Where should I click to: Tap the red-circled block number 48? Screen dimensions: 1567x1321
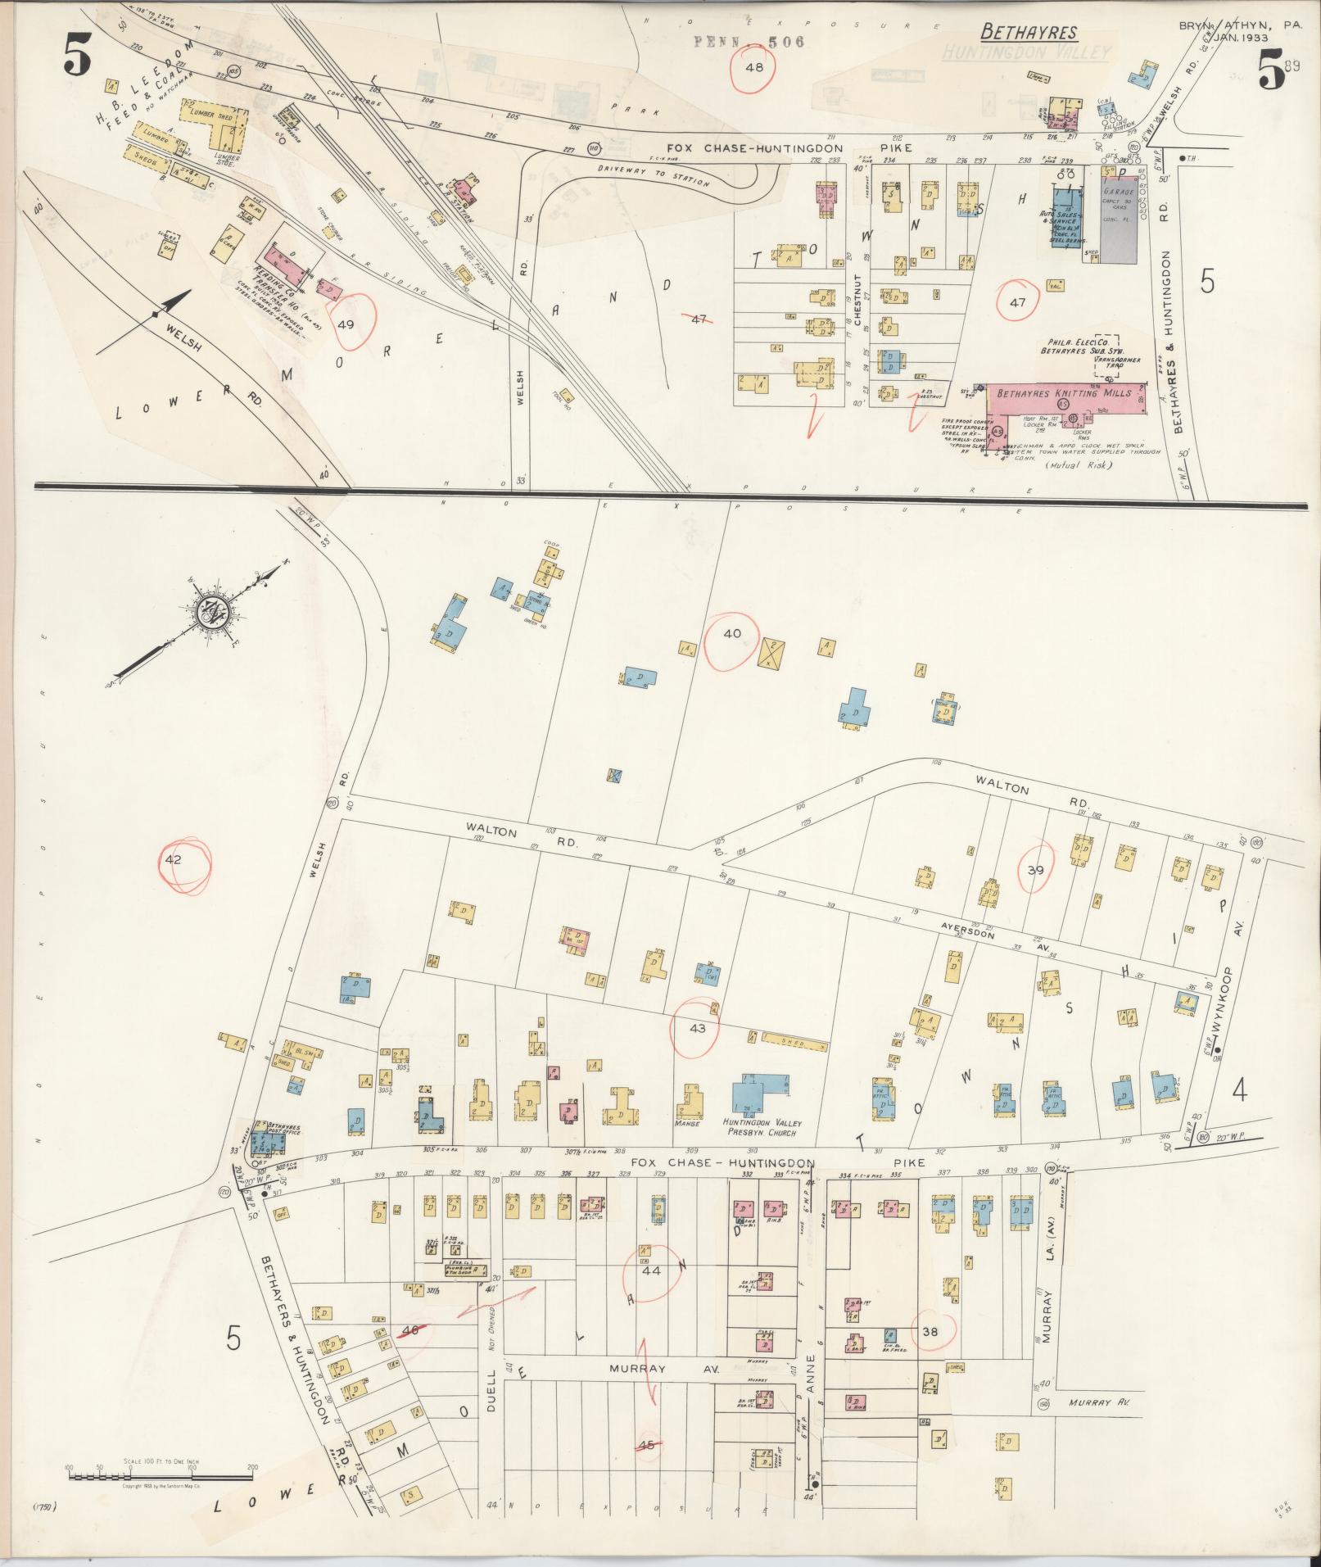tap(753, 67)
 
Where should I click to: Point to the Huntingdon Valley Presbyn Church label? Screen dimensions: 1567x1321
tap(761, 1126)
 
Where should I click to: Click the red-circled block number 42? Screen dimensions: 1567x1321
tap(173, 860)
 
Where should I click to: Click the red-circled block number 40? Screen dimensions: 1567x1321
tap(732, 633)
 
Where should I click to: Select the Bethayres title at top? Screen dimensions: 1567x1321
tap(1029, 34)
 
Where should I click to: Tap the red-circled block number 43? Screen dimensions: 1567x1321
tap(698, 1027)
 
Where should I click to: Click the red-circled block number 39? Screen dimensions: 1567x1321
tap(1035, 870)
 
